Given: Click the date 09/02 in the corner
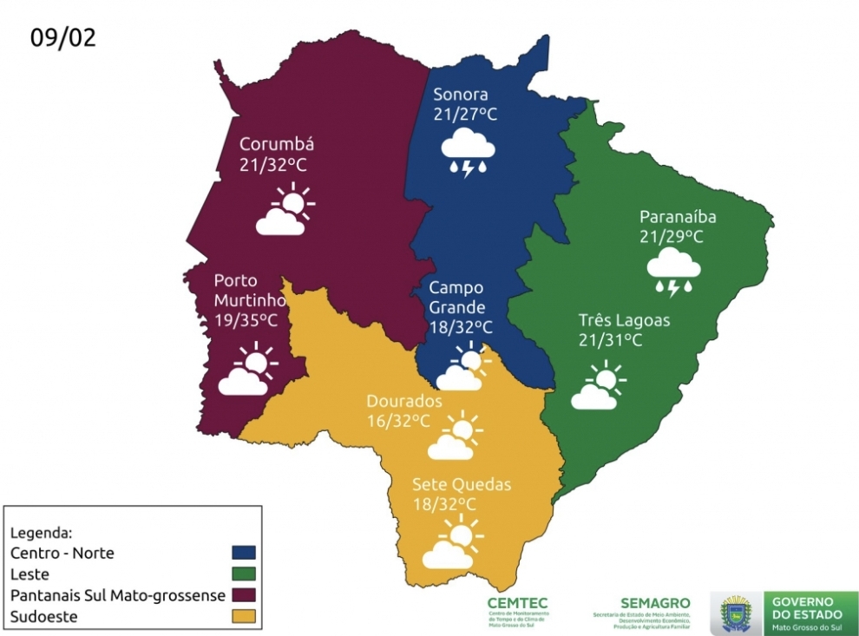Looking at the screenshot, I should click(x=62, y=37).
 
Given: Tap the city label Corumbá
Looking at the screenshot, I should click(x=276, y=144).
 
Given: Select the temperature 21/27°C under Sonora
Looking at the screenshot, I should click(x=465, y=115).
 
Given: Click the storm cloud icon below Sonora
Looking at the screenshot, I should click(x=469, y=151).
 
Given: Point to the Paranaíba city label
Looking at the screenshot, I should click(x=678, y=217).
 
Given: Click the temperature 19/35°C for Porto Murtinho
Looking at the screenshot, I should click(x=246, y=320).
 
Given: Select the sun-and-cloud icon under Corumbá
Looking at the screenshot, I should click(x=284, y=211).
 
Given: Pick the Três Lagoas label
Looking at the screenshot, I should click(x=624, y=320).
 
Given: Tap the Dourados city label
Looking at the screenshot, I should click(x=404, y=402).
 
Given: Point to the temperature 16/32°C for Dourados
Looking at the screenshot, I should click(x=398, y=421).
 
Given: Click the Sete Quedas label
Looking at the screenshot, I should click(x=462, y=484).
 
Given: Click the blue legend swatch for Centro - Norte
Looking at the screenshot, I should click(x=245, y=552).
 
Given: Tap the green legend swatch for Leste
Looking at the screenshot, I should click(x=245, y=574).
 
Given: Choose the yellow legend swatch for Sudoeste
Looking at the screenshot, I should click(x=245, y=617).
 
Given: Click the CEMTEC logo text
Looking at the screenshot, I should click(x=517, y=602).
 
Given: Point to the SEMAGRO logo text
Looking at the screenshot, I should click(x=655, y=602).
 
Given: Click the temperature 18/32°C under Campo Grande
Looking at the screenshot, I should click(x=461, y=327).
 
